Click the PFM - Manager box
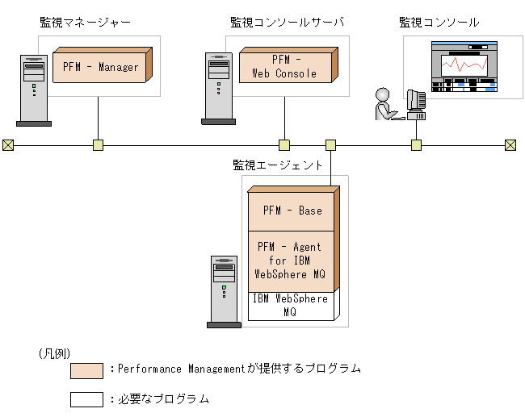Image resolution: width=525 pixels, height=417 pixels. (100, 67)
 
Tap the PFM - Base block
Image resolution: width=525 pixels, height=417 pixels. (292, 211)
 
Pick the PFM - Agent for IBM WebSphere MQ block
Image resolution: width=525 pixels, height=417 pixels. (290, 261)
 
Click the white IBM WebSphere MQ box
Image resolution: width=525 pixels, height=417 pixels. (290, 305)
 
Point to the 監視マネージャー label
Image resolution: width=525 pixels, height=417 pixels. (85, 23)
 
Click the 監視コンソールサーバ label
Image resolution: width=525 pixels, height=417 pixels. (287, 23)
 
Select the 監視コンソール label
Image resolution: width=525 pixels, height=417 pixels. (439, 23)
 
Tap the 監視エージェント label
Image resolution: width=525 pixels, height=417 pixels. (278, 165)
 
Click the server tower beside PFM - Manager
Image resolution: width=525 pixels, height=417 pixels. (33, 90)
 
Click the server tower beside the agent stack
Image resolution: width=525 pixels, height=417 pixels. (223, 290)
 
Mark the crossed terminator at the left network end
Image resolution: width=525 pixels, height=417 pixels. (8, 145)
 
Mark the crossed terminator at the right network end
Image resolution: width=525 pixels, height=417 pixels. (510, 145)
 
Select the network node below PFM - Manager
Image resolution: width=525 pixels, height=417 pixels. (98, 145)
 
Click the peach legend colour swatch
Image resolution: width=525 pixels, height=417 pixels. (86, 370)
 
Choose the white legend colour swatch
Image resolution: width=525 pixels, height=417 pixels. (86, 398)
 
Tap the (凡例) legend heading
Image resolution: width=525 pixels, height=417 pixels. (54, 353)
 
